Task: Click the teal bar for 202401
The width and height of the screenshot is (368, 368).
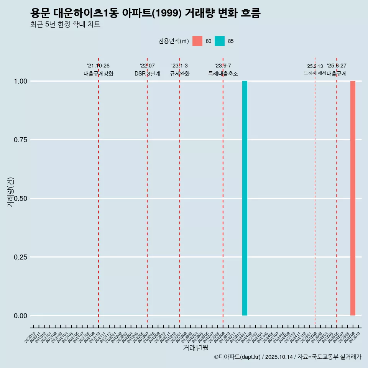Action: (x=245, y=198)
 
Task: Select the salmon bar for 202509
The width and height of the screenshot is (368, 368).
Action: (x=353, y=198)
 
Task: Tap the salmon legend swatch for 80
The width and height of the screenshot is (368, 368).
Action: (x=197, y=41)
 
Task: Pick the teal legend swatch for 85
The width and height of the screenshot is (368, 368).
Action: (x=220, y=41)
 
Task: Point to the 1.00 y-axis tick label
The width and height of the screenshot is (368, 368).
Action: (x=20, y=81)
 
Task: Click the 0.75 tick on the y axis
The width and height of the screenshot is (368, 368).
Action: (x=20, y=140)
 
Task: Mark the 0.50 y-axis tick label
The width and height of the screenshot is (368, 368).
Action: (x=20, y=199)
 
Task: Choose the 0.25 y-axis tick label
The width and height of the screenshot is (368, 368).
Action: (x=20, y=257)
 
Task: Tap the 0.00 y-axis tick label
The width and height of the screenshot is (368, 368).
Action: (x=20, y=316)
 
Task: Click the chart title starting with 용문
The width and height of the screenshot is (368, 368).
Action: (x=145, y=13)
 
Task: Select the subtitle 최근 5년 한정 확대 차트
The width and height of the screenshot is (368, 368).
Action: (x=65, y=25)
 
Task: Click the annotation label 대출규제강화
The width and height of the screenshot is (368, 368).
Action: (x=99, y=74)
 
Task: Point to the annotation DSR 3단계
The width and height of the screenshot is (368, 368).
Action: (x=147, y=74)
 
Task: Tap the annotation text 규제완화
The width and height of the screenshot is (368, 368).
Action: (x=179, y=74)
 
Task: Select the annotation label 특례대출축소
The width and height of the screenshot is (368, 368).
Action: (x=223, y=74)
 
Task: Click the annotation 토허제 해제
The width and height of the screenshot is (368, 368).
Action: (x=315, y=72)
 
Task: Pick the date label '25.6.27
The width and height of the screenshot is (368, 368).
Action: (x=337, y=66)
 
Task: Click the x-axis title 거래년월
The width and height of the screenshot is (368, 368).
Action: (x=195, y=348)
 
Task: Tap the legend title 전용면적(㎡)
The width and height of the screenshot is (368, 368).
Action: (x=173, y=41)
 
